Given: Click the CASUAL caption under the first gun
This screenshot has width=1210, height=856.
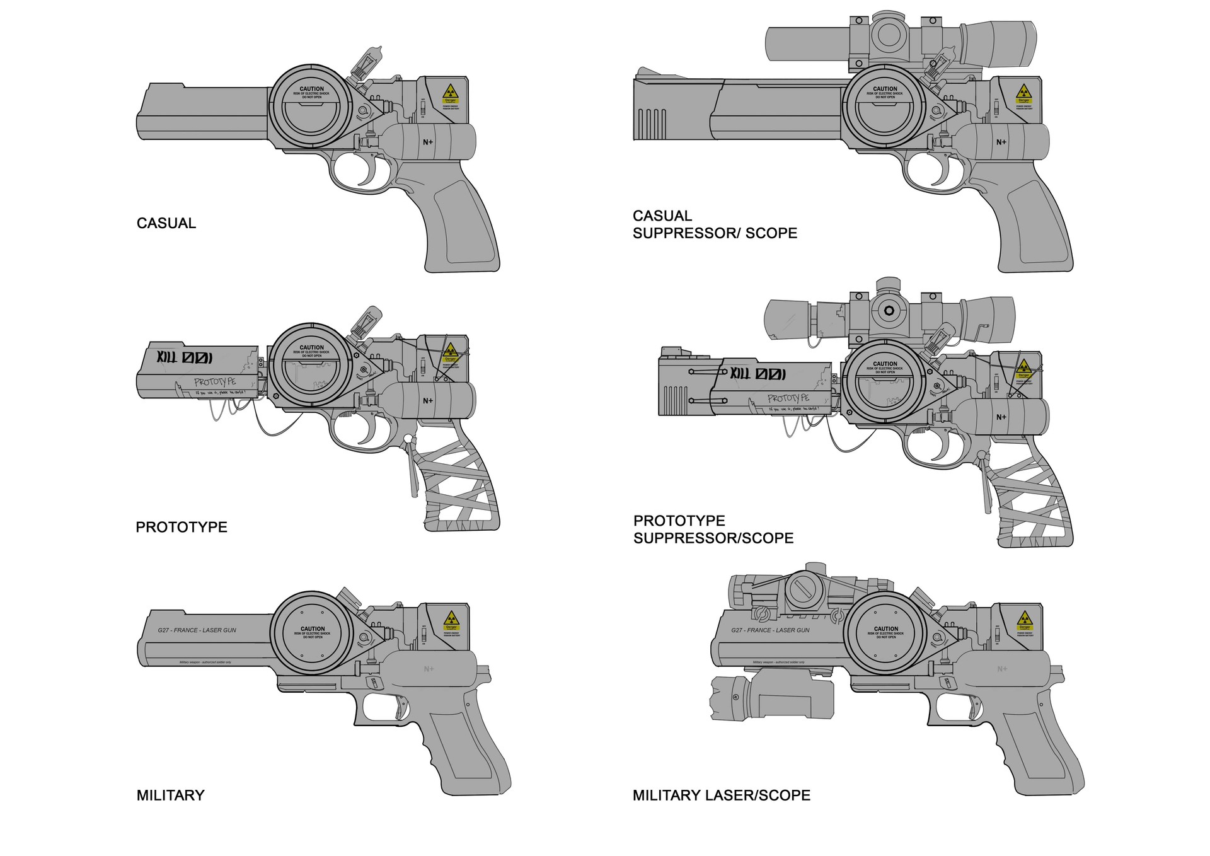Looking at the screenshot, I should tap(166, 223).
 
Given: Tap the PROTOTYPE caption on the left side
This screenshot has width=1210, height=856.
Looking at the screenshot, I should tap(181, 527).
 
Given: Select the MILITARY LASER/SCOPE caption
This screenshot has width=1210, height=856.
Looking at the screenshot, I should tap(721, 795).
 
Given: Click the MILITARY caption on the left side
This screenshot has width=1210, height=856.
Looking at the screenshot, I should tap(170, 795).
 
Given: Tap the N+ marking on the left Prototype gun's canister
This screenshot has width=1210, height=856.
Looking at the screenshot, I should tap(428, 401).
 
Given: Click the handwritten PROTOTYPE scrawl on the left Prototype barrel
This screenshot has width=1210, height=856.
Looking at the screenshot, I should tap(215, 382).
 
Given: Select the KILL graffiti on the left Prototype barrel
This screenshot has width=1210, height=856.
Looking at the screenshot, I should tap(185, 358).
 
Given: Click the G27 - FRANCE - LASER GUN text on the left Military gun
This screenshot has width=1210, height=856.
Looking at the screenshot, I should tap(197, 630).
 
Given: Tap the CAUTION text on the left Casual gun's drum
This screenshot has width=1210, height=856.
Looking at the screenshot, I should tap(312, 90).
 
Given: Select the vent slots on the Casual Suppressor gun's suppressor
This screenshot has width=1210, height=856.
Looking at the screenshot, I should tap(652, 124).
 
